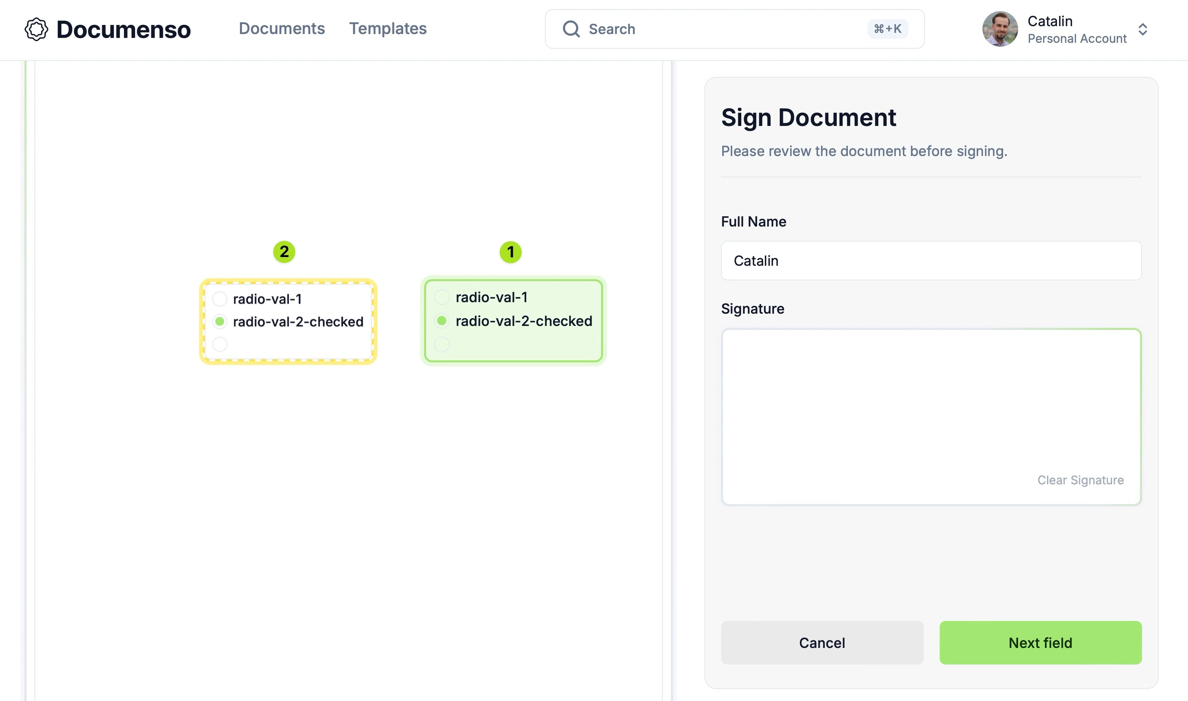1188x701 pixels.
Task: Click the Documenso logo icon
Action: coord(36,29)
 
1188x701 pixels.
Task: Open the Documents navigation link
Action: coord(282,29)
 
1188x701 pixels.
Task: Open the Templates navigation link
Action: coord(388,29)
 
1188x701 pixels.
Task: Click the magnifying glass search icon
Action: coord(571,29)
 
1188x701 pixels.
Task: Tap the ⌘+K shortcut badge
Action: coord(887,29)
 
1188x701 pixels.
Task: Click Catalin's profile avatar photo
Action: coord(1000,29)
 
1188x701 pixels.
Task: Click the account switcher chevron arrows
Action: coord(1143,29)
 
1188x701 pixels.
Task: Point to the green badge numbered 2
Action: coord(284,252)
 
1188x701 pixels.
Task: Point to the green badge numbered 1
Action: coord(510,252)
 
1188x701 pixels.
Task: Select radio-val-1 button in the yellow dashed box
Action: coord(219,299)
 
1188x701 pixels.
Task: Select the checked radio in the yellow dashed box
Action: coord(219,322)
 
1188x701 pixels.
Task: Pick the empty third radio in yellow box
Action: coord(219,344)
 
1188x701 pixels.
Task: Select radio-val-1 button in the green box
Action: coord(442,297)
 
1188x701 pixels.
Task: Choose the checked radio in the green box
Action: coord(442,321)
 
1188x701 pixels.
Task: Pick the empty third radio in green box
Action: coord(442,344)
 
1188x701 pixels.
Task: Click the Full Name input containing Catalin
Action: coord(931,261)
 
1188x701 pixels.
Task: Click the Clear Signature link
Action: coord(1080,480)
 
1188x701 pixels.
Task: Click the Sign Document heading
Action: coord(808,117)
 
